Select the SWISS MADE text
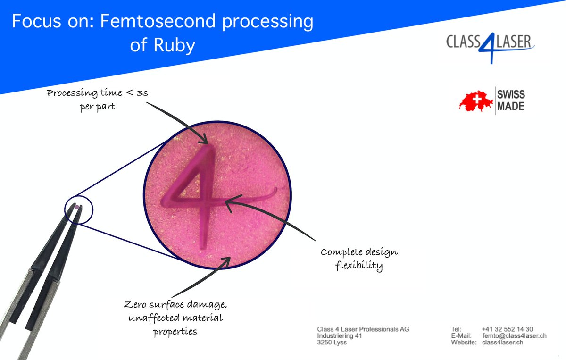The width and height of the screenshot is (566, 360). (x=510, y=100)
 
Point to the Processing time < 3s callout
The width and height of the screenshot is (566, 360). (x=98, y=100)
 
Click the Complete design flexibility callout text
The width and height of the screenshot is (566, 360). (x=359, y=259)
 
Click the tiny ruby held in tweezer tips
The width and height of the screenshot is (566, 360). (x=77, y=206)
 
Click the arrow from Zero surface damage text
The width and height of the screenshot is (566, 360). (x=198, y=278)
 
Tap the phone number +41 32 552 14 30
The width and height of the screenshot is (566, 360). (x=508, y=329)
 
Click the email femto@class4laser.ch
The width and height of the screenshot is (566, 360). (x=514, y=335)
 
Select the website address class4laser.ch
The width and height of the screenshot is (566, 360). (x=502, y=342)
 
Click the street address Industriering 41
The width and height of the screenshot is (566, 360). (x=339, y=335)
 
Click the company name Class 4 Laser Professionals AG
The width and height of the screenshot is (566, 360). (x=363, y=329)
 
